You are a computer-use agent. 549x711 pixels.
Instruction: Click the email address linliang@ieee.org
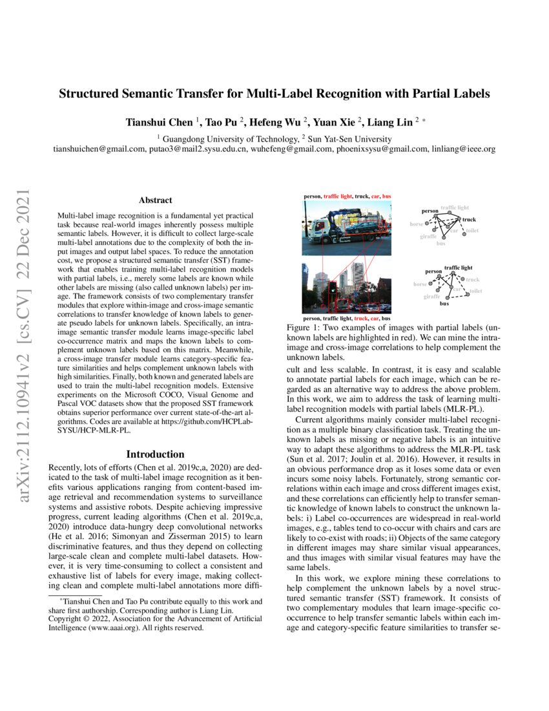click(x=463, y=149)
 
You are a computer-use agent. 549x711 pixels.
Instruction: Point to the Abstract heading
click(x=155, y=200)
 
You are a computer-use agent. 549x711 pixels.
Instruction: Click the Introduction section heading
click(x=155, y=454)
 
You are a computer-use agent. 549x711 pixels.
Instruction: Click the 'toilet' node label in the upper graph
click(x=472, y=231)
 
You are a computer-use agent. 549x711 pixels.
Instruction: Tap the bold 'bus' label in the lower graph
click(x=444, y=302)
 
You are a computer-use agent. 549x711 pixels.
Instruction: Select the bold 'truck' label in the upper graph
click(x=469, y=220)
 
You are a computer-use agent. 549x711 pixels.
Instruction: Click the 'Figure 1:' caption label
click(x=303, y=329)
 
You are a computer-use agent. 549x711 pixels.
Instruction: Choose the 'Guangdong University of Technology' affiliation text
click(x=231, y=139)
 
